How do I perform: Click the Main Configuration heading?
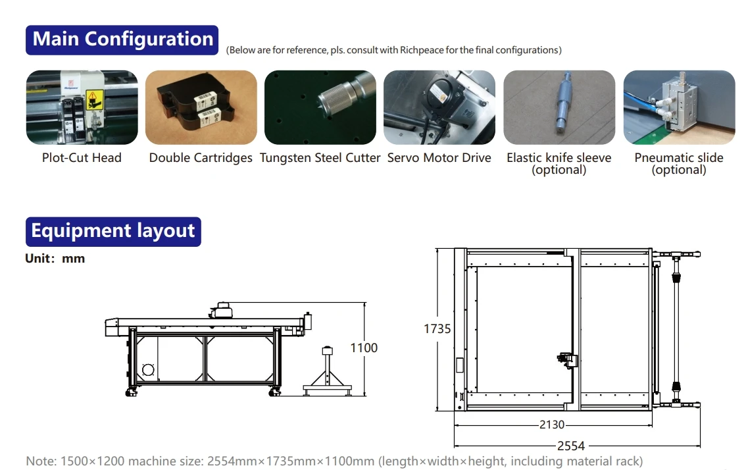click(122, 39)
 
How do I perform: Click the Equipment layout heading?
click(112, 232)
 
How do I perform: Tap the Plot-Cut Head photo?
click(82, 107)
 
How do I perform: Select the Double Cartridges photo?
click(201, 107)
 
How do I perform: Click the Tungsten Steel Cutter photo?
click(320, 107)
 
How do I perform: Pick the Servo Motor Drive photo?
click(439, 107)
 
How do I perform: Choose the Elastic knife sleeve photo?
click(559, 107)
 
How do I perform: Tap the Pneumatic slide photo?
click(679, 107)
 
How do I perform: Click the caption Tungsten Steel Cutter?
click(320, 158)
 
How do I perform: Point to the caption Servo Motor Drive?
click(439, 158)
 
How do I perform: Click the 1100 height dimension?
click(363, 348)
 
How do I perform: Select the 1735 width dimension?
click(437, 328)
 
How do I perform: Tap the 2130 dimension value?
click(551, 425)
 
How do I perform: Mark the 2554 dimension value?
click(571, 446)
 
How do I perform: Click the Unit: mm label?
click(55, 259)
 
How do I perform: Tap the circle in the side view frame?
click(148, 370)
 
